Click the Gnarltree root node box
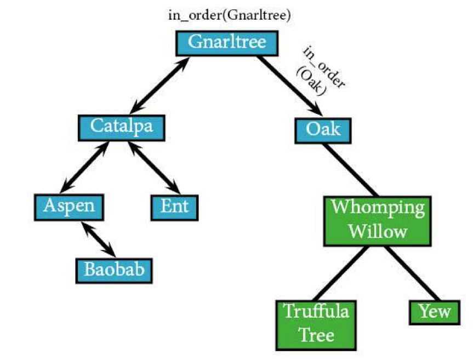(227, 43)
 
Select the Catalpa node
(122, 128)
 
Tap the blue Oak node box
(323, 130)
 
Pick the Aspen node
(69, 208)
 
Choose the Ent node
(175, 208)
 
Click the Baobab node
(114, 271)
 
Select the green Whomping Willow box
(378, 221)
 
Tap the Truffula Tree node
(316, 325)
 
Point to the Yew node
(435, 312)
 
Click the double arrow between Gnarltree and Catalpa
(160, 85)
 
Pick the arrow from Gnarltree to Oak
(290, 85)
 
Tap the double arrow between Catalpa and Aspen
(84, 167)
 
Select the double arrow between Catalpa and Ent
(154, 168)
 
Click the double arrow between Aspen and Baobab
(98, 239)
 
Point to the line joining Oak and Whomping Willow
(350, 170)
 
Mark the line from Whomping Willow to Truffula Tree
(341, 273)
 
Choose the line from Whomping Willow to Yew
(413, 273)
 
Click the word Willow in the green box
(378, 232)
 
